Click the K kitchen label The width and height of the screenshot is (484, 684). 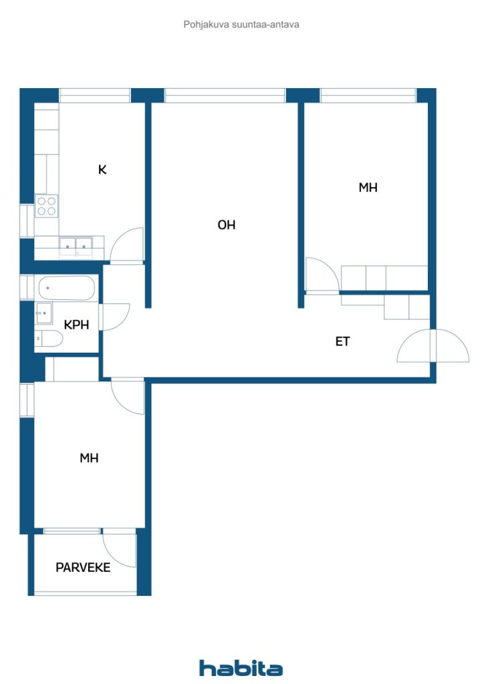point(102,169)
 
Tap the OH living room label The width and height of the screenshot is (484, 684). point(227,224)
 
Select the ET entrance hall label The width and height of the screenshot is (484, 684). point(342,341)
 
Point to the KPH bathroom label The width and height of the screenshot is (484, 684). point(76,325)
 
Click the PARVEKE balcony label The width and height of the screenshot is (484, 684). point(83,567)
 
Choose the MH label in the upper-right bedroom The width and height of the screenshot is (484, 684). point(368,188)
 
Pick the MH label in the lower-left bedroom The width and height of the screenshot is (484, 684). point(89,458)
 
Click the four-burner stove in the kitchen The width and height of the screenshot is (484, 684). point(47,206)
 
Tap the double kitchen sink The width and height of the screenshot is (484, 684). point(76,247)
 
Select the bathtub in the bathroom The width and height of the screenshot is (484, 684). point(66,288)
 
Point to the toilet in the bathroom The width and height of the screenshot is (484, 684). point(48,339)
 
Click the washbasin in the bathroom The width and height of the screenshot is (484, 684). point(43,313)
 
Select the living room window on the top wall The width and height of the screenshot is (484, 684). point(225,96)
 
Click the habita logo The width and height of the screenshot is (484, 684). point(241,668)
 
